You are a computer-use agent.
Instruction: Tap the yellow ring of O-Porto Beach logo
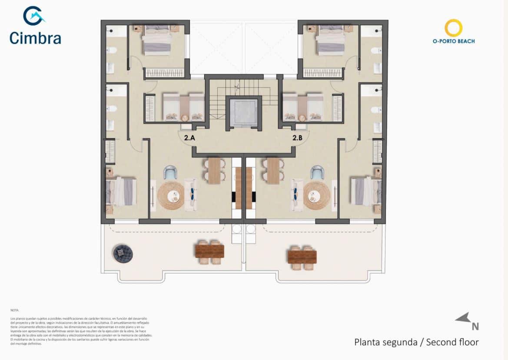click(x=453, y=28)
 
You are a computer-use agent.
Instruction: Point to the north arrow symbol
click(x=463, y=319)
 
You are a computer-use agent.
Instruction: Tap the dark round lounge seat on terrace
click(x=121, y=253)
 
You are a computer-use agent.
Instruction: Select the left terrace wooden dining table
click(x=210, y=251)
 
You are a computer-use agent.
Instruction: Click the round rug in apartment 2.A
click(x=171, y=196)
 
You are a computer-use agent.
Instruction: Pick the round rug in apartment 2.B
click(x=317, y=196)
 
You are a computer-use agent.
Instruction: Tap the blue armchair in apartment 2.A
click(x=169, y=173)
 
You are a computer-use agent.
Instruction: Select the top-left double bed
click(x=157, y=40)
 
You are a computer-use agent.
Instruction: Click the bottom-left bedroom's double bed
click(x=120, y=191)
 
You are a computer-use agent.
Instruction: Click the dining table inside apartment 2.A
click(x=214, y=170)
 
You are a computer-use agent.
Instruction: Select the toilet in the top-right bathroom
click(x=375, y=50)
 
